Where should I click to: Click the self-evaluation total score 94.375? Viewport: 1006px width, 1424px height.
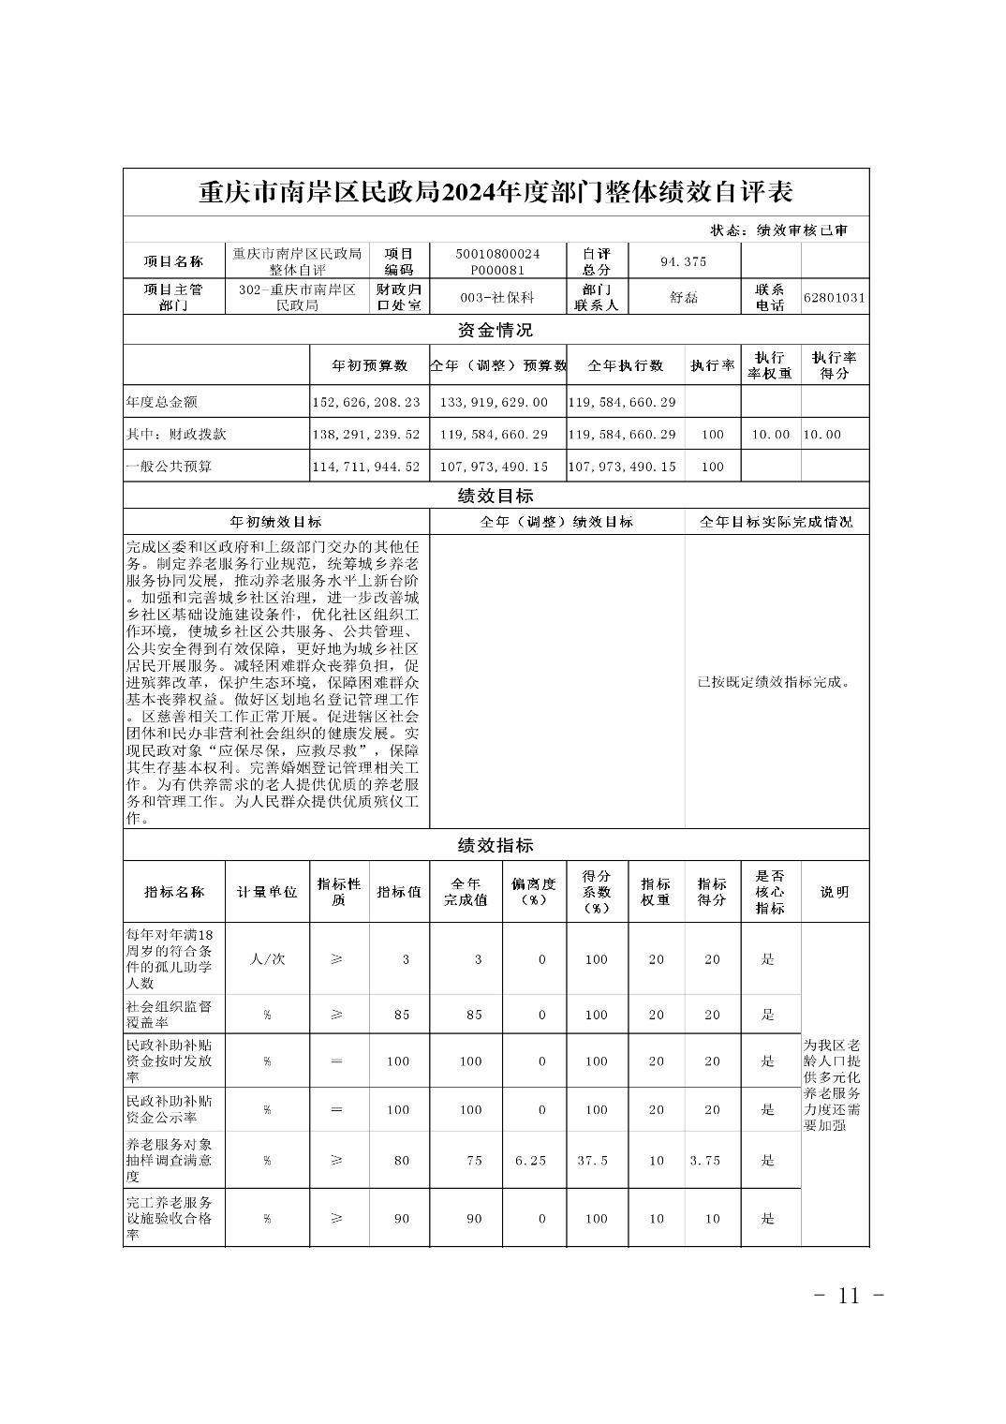coord(684,261)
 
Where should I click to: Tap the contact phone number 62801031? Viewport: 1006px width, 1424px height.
coord(835,298)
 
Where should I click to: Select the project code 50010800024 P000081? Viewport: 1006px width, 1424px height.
coord(497,261)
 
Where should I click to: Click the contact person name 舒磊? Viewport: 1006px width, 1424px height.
coord(684,298)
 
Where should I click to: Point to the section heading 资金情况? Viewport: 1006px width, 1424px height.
coord(496,330)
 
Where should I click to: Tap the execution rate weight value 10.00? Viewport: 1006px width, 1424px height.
coord(771,435)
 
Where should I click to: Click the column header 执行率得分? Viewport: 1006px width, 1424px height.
coord(835,365)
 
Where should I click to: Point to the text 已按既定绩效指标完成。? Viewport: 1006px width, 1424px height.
coord(776,682)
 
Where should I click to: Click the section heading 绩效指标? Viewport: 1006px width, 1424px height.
coord(496,845)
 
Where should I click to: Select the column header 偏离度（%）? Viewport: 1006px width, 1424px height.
coord(534,892)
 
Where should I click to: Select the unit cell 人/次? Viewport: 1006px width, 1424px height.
coord(267,959)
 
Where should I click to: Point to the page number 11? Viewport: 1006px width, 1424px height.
coord(849,1296)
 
